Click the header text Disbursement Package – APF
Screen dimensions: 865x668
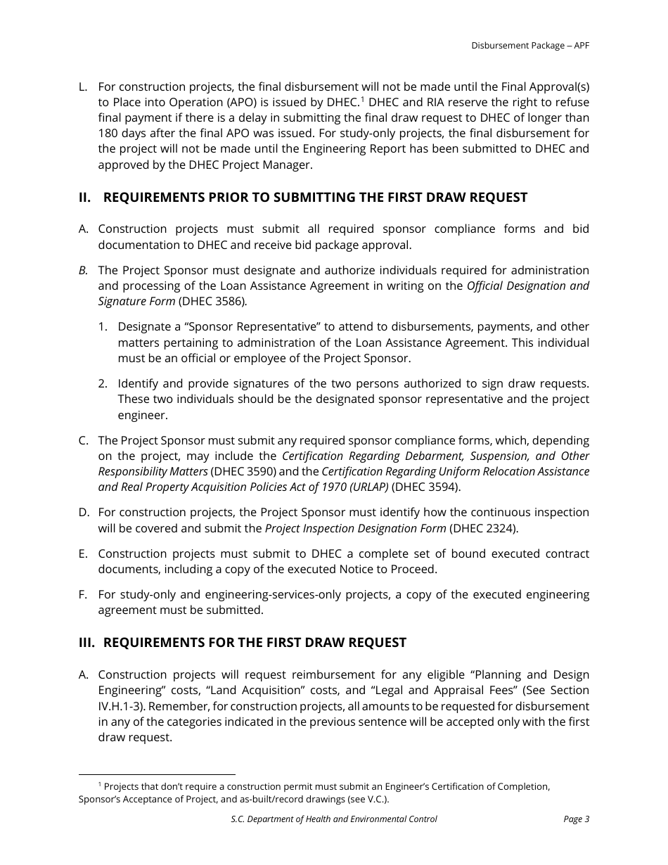coord(530,46)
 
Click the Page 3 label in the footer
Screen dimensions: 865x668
coord(576,819)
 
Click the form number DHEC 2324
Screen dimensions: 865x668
coord(483,528)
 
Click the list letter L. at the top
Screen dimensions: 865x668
coord(83,86)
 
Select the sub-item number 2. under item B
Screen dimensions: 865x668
coord(103,383)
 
